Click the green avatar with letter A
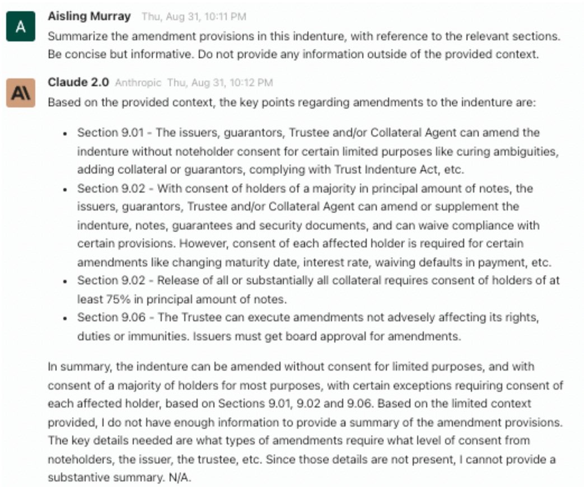[21, 26]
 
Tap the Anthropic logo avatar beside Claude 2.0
[21, 93]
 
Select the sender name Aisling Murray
[90, 16]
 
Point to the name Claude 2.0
[78, 82]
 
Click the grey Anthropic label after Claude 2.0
[138, 83]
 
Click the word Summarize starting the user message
[73, 36]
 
